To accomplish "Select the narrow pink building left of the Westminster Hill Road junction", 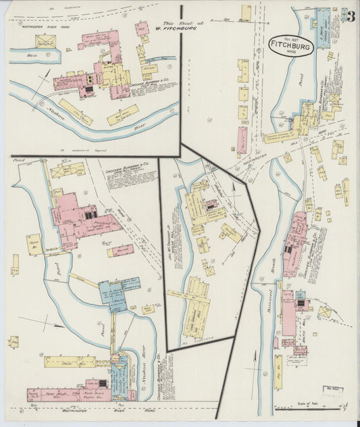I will pyautogui.click(x=241, y=139).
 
